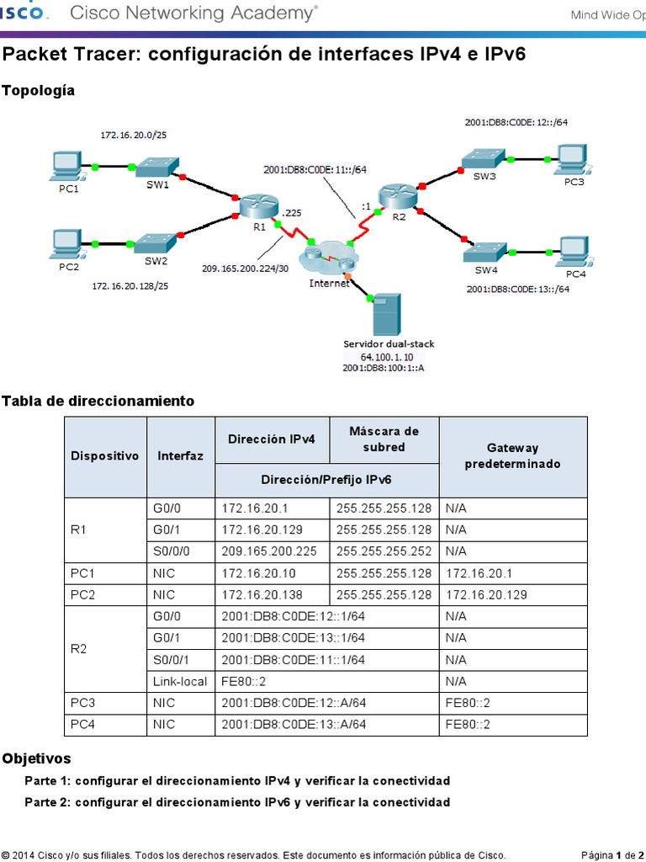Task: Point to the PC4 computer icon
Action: click(x=575, y=251)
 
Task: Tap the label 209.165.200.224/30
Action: click(x=244, y=269)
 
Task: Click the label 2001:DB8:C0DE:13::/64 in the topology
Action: click(x=517, y=289)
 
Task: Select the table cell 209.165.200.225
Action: click(x=272, y=551)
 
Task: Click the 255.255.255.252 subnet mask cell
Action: click(x=384, y=551)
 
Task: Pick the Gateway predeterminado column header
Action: click(x=513, y=456)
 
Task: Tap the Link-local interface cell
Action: click(x=180, y=681)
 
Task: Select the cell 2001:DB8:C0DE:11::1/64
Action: click(x=293, y=659)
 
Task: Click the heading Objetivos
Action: click(x=36, y=758)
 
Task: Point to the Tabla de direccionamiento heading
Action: click(x=98, y=401)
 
